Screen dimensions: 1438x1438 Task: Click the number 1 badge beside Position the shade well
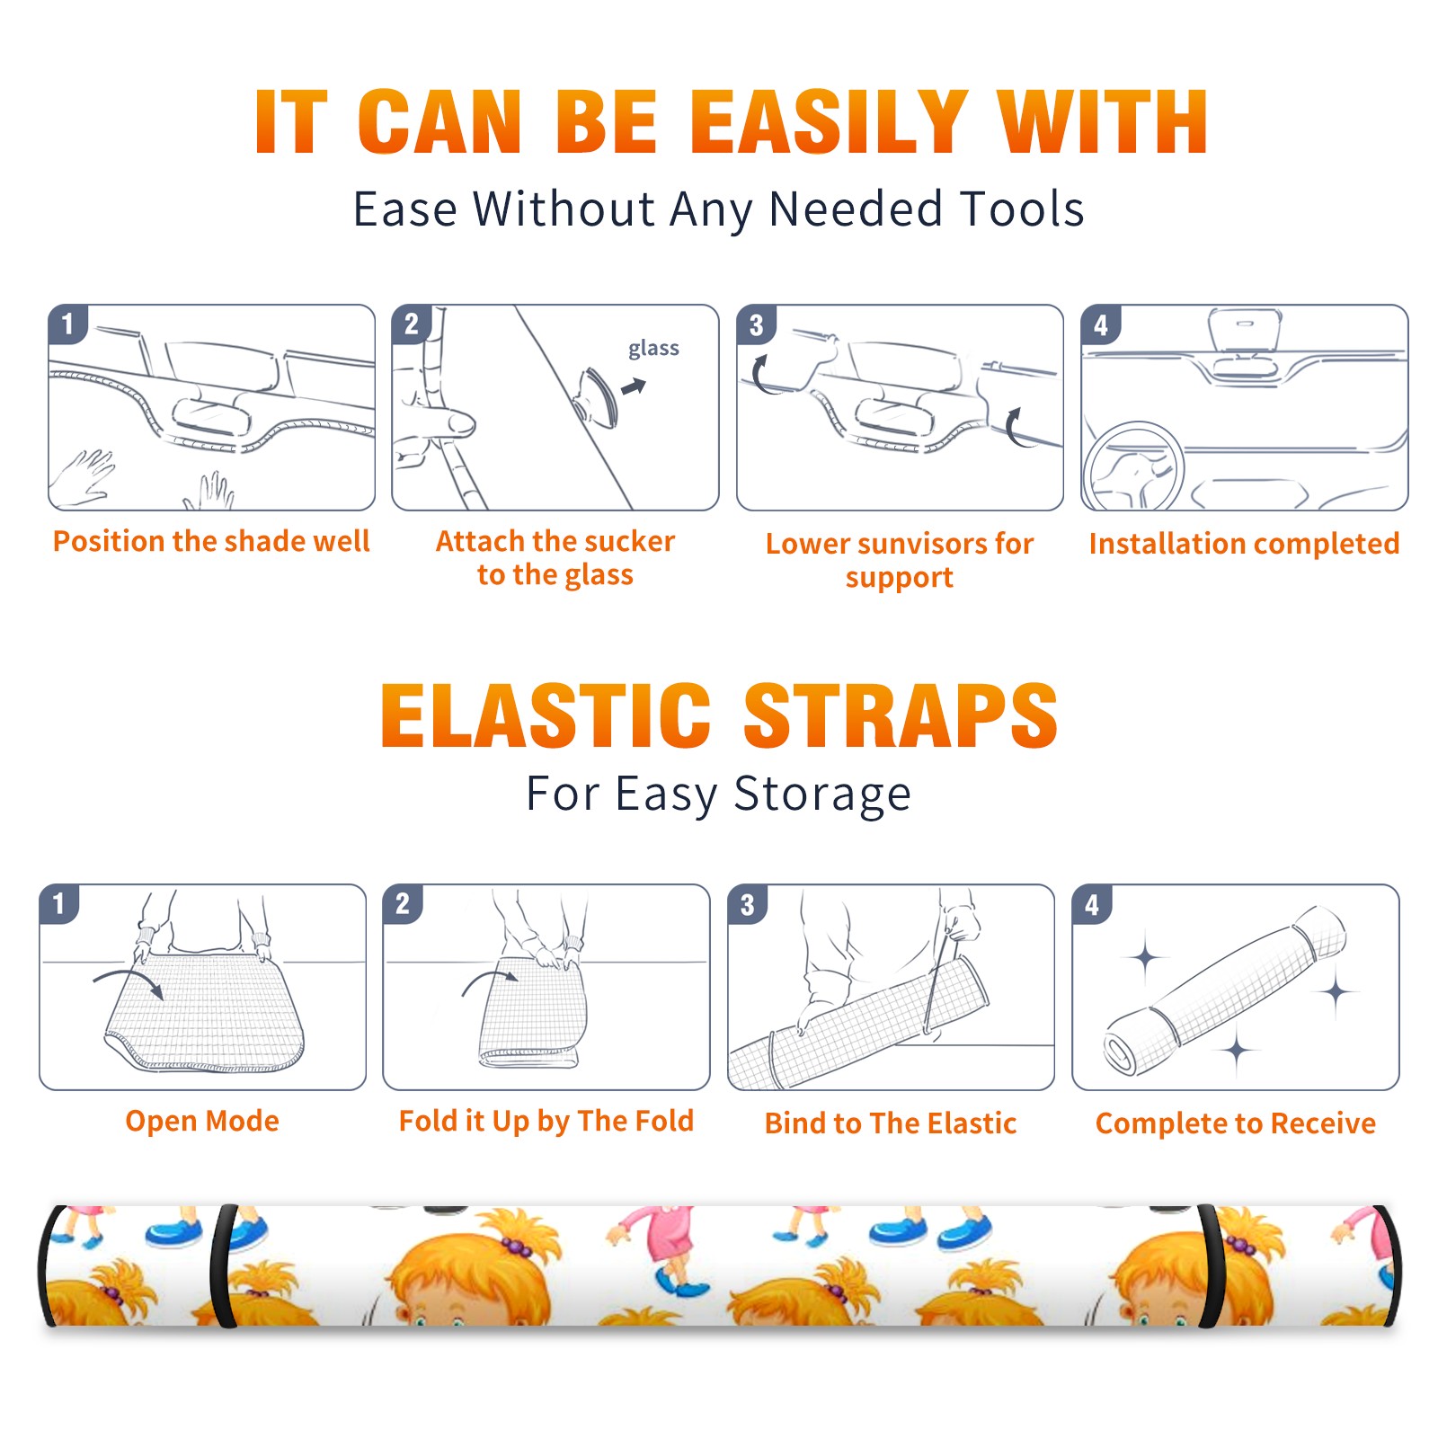tap(68, 324)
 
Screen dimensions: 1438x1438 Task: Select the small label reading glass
tap(653, 349)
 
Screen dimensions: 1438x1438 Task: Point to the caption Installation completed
tap(1244, 543)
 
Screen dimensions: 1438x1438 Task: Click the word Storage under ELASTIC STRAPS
tap(822, 794)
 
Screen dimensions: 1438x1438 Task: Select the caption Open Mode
tap(202, 1121)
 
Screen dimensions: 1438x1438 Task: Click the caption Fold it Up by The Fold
tap(546, 1121)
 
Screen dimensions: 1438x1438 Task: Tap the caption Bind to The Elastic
tap(891, 1123)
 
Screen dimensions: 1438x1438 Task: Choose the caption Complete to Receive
tap(1236, 1123)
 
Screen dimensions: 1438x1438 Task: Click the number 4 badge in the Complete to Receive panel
tap(1092, 904)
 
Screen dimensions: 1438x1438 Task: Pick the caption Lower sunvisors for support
tap(900, 560)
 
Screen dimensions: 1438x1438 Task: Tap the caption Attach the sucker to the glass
tap(555, 557)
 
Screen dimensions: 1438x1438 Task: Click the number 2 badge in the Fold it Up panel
tap(403, 904)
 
